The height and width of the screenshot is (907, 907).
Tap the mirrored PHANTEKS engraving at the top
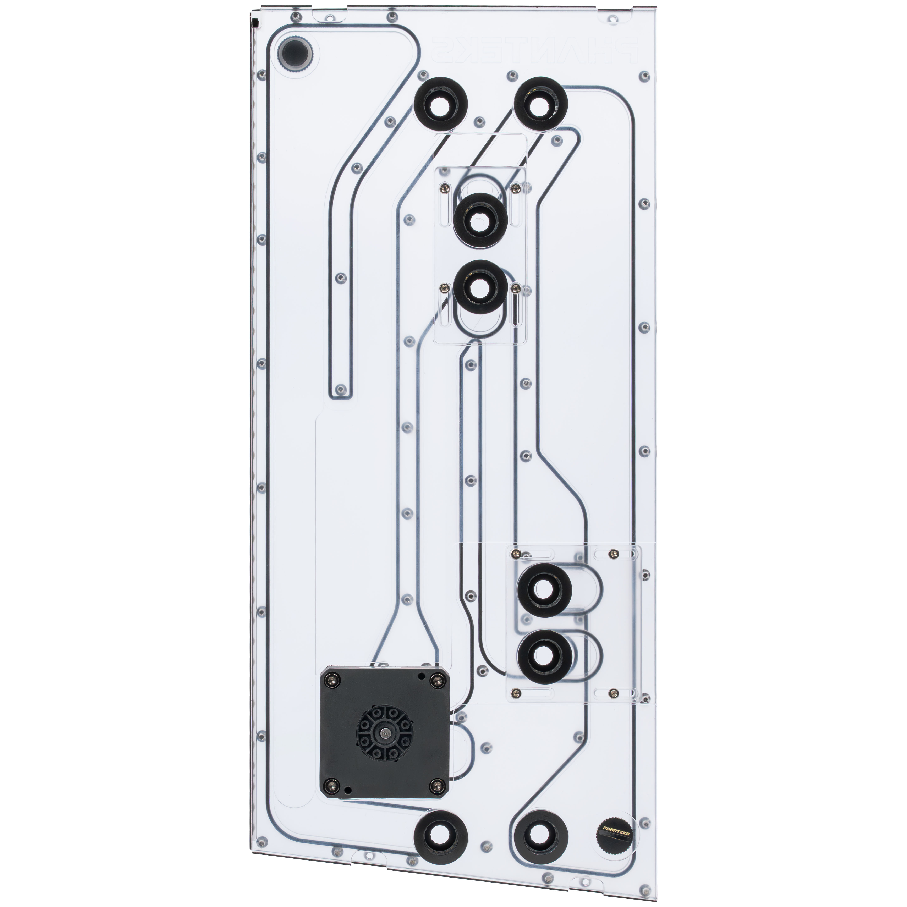[534, 55]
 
